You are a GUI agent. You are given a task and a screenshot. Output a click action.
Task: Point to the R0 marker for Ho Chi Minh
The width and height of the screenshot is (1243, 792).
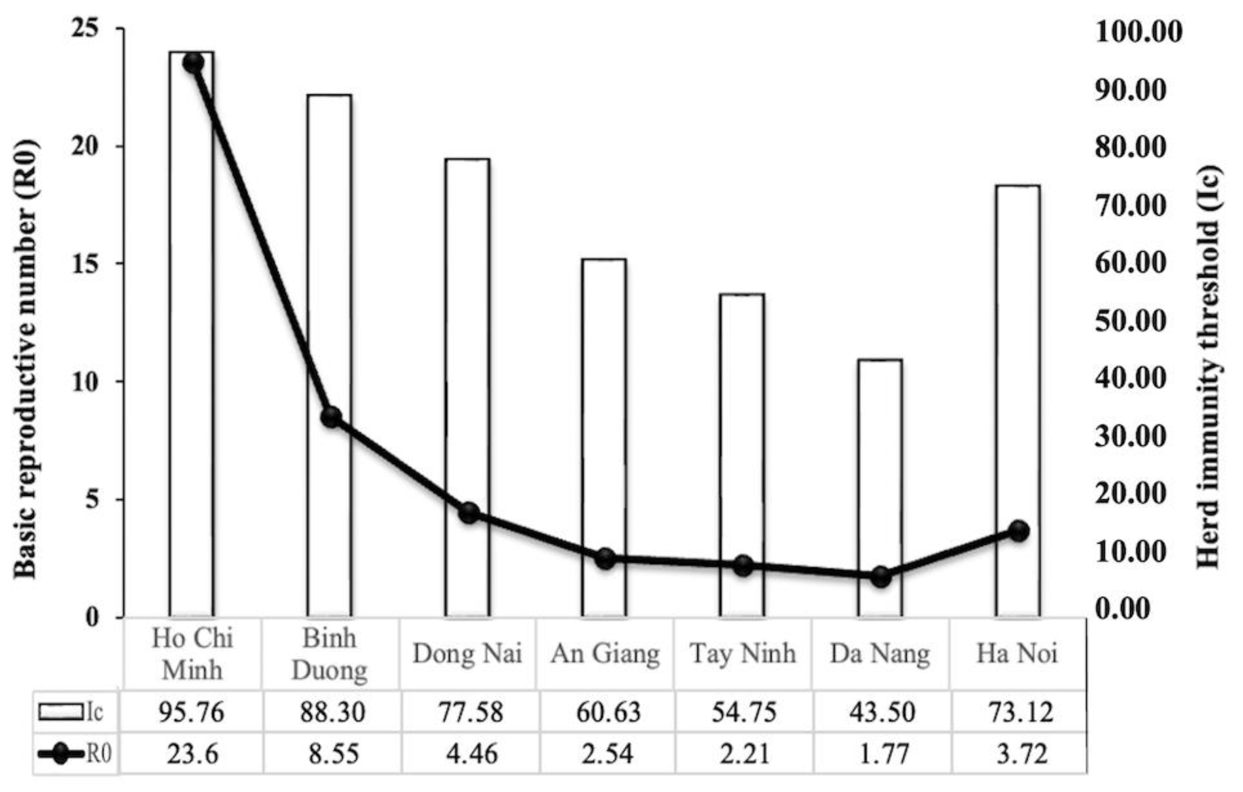[x=194, y=63]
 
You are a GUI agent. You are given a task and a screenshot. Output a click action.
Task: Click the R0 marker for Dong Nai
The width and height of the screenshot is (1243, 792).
[x=469, y=513]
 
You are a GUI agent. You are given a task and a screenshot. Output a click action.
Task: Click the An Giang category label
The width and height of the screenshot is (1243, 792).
[x=605, y=654]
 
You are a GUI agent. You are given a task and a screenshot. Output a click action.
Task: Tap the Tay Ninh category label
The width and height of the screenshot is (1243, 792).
[x=743, y=654]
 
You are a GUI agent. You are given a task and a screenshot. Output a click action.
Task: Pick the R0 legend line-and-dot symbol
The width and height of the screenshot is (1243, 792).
[x=61, y=754]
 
